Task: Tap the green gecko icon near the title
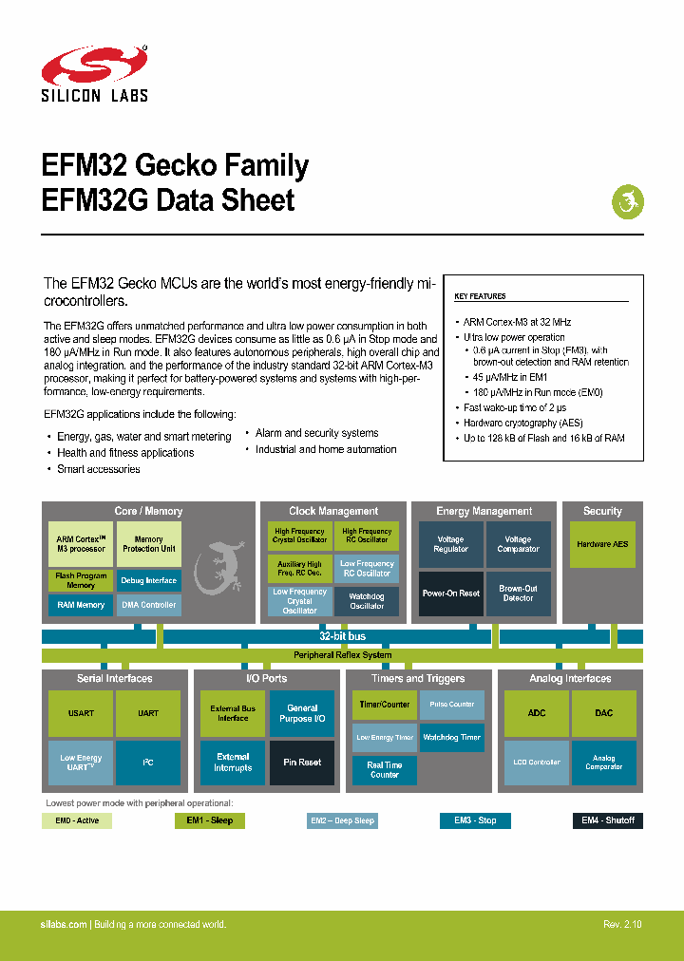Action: coord(627,201)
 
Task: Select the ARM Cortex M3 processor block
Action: coord(81,544)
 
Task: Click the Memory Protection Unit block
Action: coord(148,544)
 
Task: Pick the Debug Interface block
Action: coord(148,580)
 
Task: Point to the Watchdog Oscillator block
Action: coord(367,601)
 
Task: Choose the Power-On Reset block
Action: coord(450,594)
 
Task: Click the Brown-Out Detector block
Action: coord(518,594)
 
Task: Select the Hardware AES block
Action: coord(602,544)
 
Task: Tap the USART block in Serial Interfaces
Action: coord(81,713)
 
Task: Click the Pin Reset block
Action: coord(302,763)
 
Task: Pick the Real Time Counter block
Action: coord(385,769)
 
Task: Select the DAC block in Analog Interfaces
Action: coord(603,713)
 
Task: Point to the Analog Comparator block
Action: coord(603,763)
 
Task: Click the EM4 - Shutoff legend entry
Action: coord(607,820)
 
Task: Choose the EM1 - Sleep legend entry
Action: coord(209,820)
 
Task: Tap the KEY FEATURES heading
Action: coord(481,297)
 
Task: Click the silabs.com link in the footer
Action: coord(64,925)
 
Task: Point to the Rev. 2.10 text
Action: coord(622,925)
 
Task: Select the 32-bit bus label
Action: coord(342,636)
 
